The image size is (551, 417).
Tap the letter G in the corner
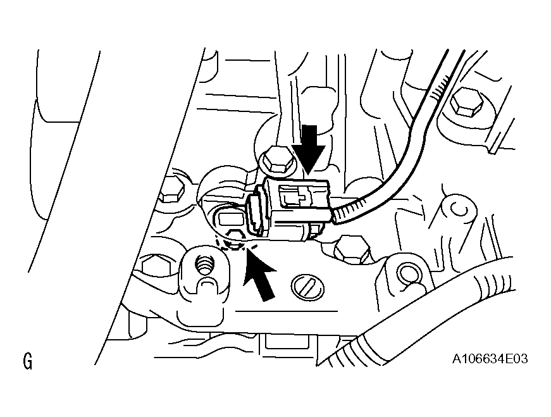click(27, 362)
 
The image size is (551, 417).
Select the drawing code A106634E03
click(490, 359)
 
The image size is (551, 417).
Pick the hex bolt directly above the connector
click(276, 161)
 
